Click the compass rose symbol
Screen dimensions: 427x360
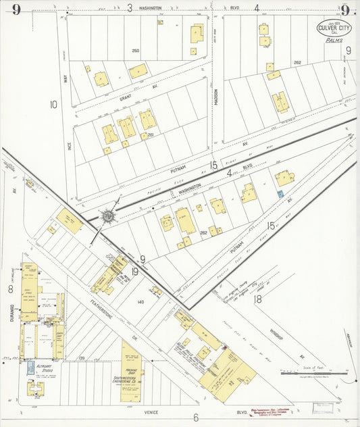click(x=107, y=217)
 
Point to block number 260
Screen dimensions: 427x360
click(x=135, y=50)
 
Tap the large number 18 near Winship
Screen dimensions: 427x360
click(x=258, y=297)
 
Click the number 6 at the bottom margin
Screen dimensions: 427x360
click(x=195, y=418)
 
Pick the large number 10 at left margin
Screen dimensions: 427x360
click(x=53, y=104)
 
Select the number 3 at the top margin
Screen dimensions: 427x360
click(x=129, y=8)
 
